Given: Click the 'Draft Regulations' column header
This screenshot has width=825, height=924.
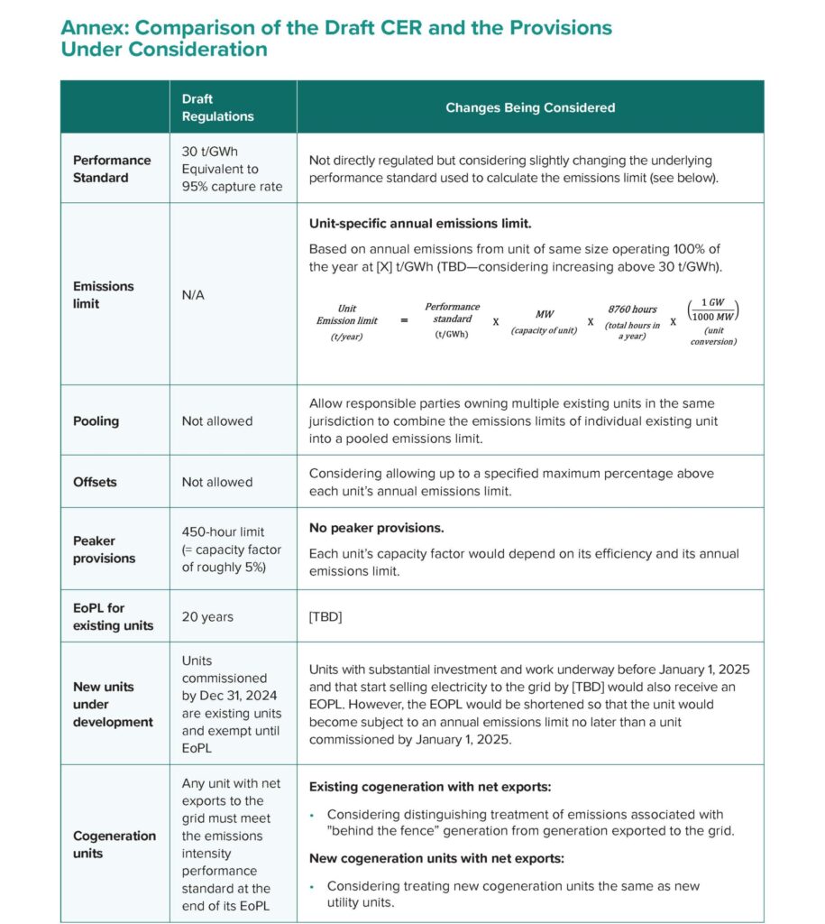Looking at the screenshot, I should [x=217, y=107].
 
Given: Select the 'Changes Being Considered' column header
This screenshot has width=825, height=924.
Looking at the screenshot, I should [x=530, y=107].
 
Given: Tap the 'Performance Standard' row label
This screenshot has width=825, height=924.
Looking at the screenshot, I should [x=112, y=169].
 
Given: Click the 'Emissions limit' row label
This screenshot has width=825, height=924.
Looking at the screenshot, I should [x=103, y=294].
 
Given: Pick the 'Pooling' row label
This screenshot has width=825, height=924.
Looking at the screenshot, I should [x=96, y=420].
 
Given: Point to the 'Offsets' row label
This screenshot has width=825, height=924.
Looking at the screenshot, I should [x=95, y=482].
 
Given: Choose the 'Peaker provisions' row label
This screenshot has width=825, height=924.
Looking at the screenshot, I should [x=104, y=550].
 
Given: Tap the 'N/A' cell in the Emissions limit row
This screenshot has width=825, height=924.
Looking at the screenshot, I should [x=193, y=294].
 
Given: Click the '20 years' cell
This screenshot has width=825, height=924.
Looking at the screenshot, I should [x=207, y=617].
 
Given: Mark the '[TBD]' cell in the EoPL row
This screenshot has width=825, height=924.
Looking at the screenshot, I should [x=326, y=617].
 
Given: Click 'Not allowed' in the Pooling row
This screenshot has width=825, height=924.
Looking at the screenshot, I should [x=217, y=420].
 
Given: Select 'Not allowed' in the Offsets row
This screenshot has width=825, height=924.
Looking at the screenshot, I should [x=217, y=482].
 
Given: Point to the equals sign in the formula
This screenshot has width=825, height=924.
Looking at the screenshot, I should [x=404, y=319].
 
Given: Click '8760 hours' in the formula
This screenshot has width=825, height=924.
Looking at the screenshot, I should [x=632, y=310].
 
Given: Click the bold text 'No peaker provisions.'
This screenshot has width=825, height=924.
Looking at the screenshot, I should [x=376, y=527].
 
